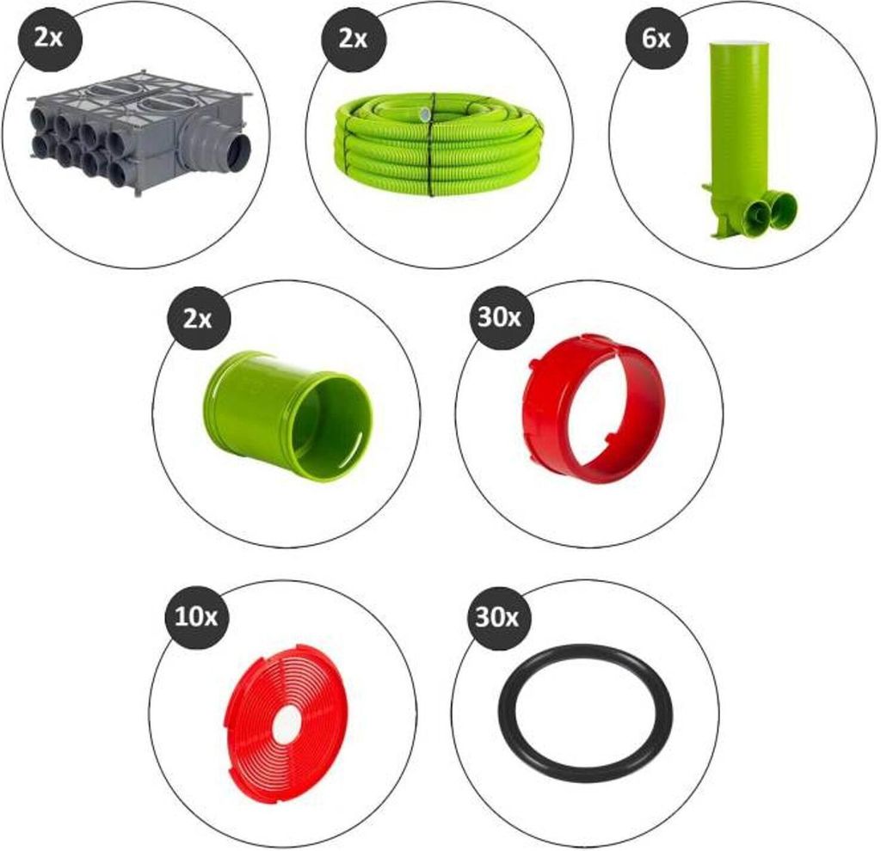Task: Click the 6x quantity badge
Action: pyautogui.click(x=656, y=39)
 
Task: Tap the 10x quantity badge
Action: pyautogui.click(x=195, y=617)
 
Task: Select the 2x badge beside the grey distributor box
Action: pyautogui.click(x=48, y=39)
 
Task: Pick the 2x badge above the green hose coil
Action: pyautogui.click(x=352, y=39)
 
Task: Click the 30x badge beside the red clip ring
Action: pyautogui.click(x=500, y=317)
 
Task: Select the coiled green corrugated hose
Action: pyautogui.click(x=434, y=144)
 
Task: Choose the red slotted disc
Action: pyautogui.click(x=286, y=721)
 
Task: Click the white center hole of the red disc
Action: pyautogui.click(x=286, y=722)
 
